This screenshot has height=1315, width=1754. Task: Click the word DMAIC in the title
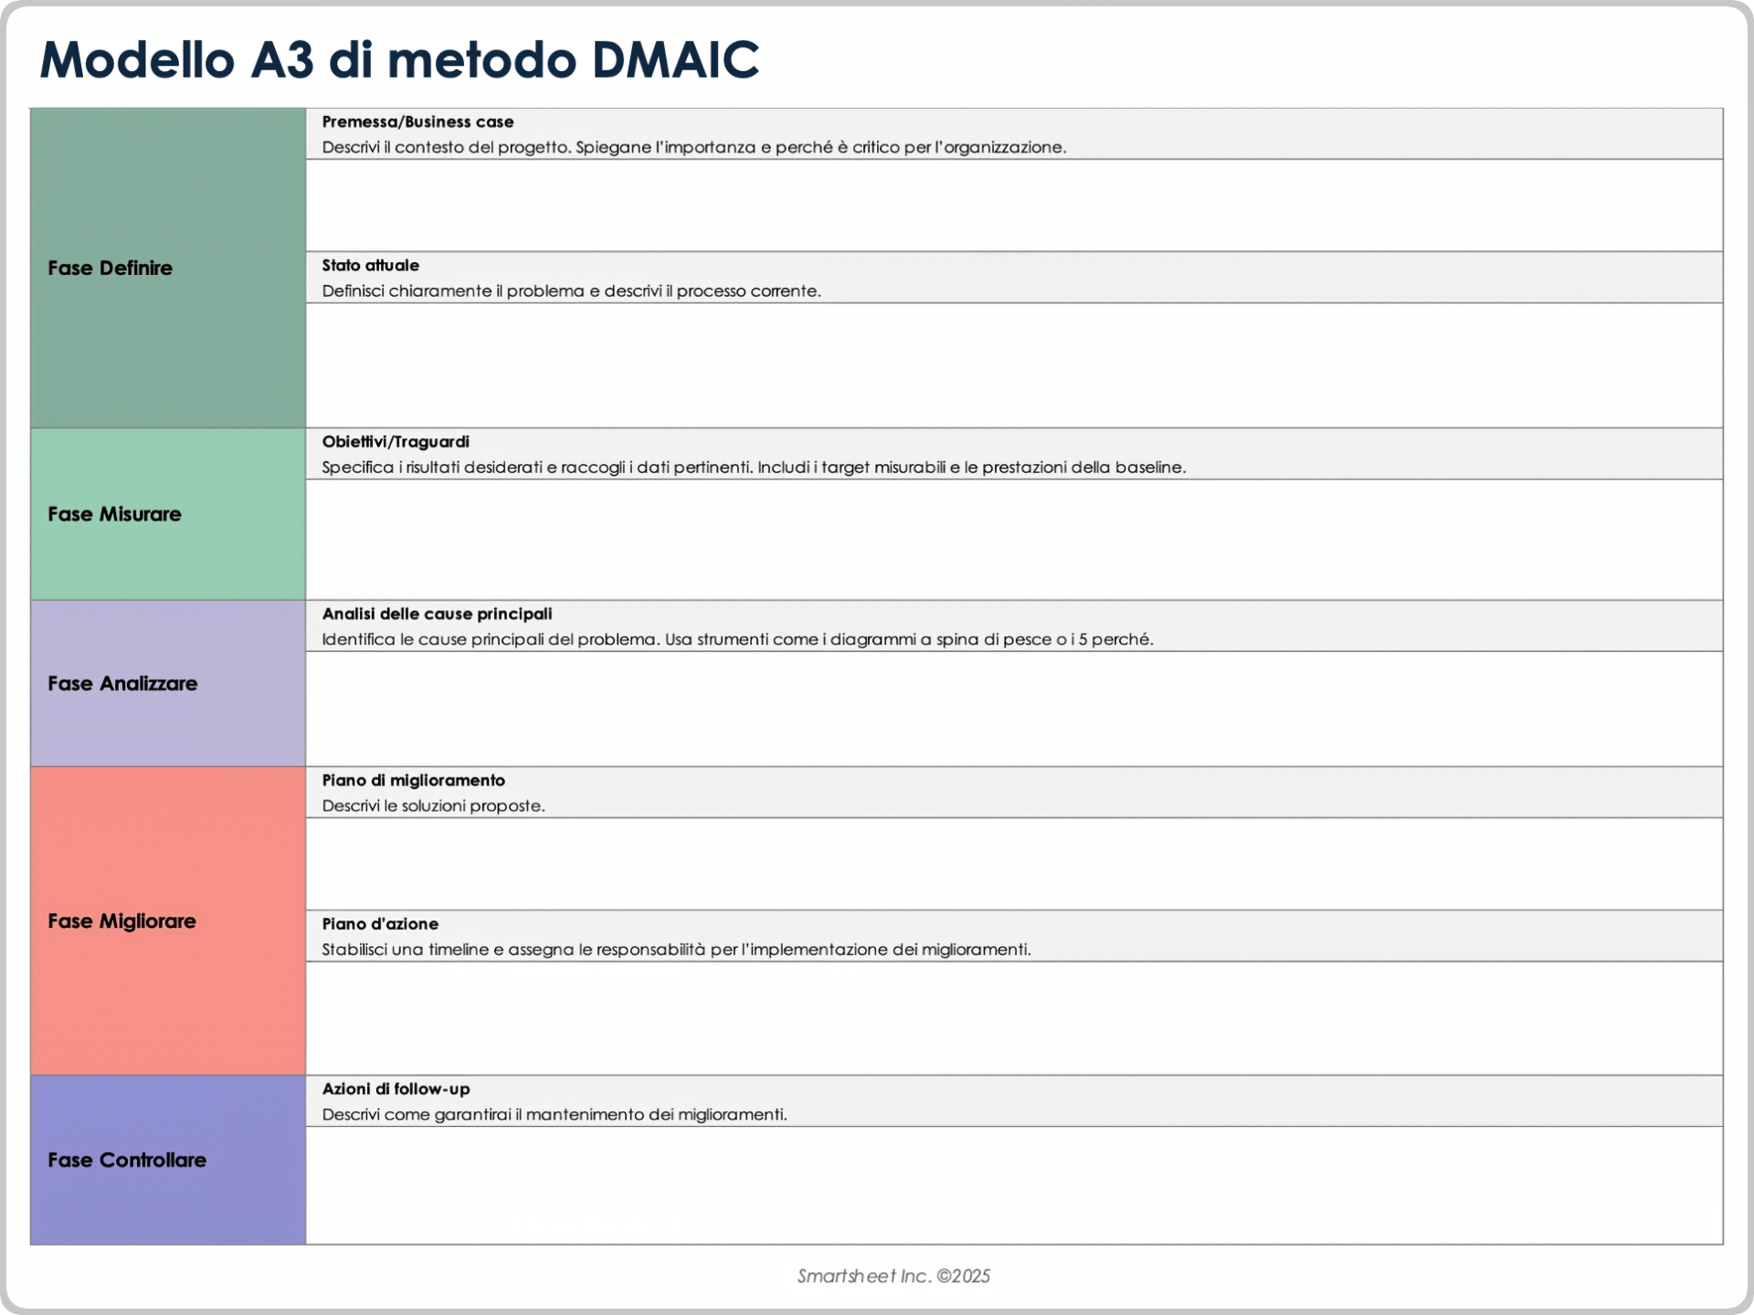[x=675, y=61]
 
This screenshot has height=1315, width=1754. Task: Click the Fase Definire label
[x=110, y=268]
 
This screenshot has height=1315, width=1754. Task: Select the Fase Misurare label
[x=114, y=514]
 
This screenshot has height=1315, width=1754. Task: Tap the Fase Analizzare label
[x=122, y=684]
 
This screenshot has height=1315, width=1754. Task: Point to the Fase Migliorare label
[x=122, y=921]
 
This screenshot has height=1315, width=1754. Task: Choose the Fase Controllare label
[x=127, y=1161]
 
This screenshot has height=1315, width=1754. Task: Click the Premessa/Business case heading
[x=417, y=122]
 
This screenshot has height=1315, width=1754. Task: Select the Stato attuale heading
[x=370, y=266]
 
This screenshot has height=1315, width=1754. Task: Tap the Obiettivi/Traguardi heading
[x=396, y=442]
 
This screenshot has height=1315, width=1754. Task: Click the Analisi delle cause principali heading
[x=437, y=615]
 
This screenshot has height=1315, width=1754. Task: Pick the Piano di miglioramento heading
[x=413, y=781]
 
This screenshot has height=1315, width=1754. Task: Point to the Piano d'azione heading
[x=380, y=924]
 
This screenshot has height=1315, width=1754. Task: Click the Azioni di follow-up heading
[x=396, y=1089]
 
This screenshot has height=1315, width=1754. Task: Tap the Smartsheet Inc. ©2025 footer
[x=893, y=1277]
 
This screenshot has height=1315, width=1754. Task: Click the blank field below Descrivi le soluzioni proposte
[x=1014, y=864]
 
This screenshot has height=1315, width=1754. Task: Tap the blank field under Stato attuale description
[x=1014, y=365]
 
